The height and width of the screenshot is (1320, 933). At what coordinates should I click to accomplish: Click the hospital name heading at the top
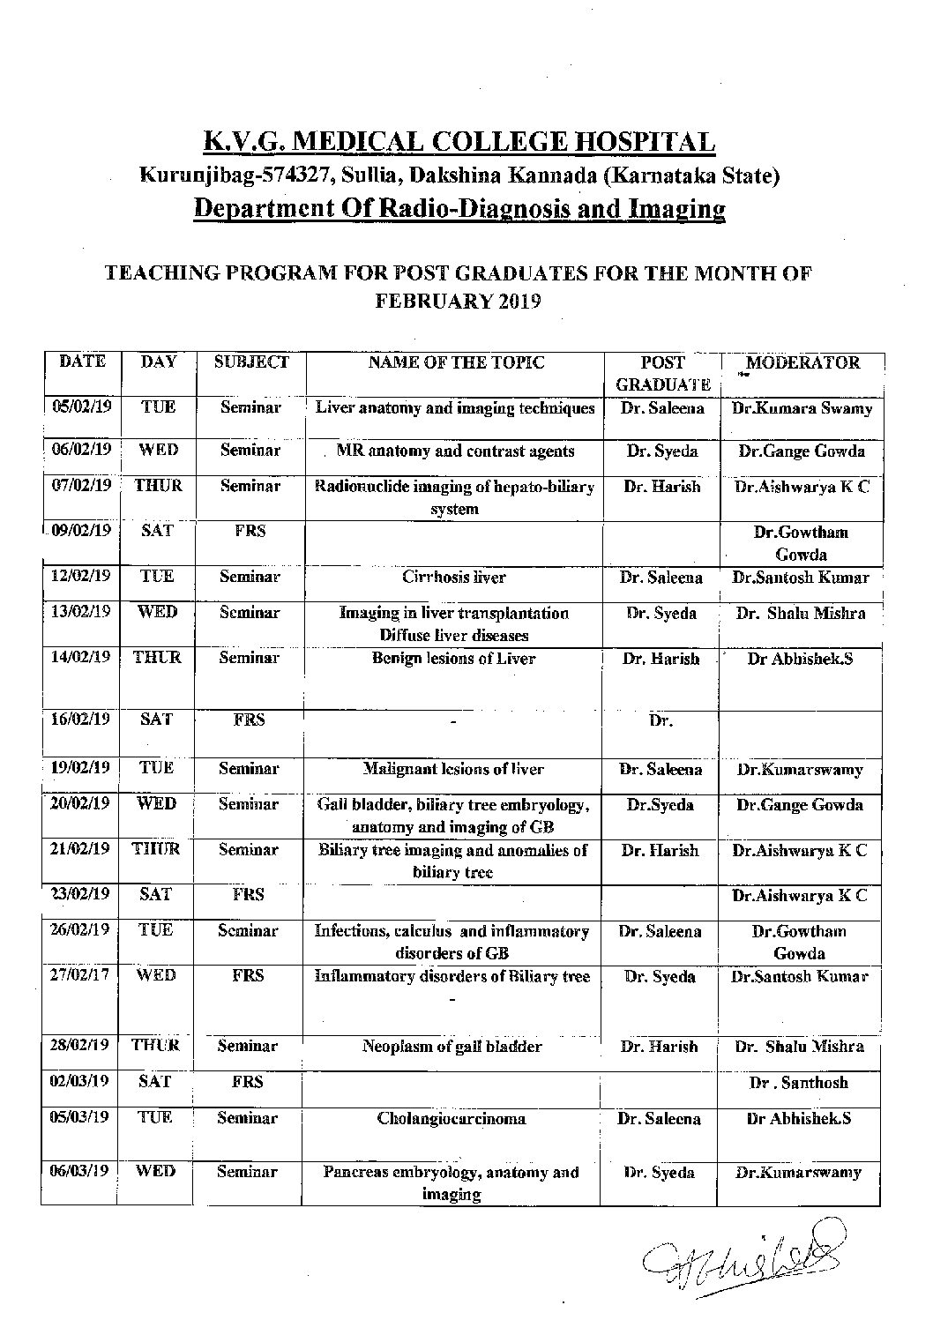459,141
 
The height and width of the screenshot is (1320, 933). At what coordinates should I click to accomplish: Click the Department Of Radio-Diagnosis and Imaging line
459,209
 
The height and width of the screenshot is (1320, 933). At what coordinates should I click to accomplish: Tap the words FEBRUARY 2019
459,301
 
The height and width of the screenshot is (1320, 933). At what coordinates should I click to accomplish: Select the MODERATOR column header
802,362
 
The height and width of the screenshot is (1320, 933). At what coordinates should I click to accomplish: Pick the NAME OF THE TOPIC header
456,362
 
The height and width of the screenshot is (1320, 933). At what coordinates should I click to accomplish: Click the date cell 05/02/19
80,407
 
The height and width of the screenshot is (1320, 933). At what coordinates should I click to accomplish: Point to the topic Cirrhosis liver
454,578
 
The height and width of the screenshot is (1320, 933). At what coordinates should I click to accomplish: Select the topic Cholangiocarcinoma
452,1118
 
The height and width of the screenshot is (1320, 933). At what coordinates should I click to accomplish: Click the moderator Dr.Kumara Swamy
802,408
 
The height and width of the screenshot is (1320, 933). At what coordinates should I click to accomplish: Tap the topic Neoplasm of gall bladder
452,1047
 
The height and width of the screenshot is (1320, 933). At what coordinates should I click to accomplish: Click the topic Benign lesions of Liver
453,659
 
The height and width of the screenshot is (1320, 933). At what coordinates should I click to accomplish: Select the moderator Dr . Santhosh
799,1083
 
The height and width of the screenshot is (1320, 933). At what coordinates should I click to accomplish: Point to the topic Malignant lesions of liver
453,769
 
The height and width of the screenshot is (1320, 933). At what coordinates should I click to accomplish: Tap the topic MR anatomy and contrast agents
455,451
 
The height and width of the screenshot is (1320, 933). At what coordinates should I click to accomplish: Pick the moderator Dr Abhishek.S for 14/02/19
800,659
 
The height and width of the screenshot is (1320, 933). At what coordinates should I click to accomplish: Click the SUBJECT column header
251,362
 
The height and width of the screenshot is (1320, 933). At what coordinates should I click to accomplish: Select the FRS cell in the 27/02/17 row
249,976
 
